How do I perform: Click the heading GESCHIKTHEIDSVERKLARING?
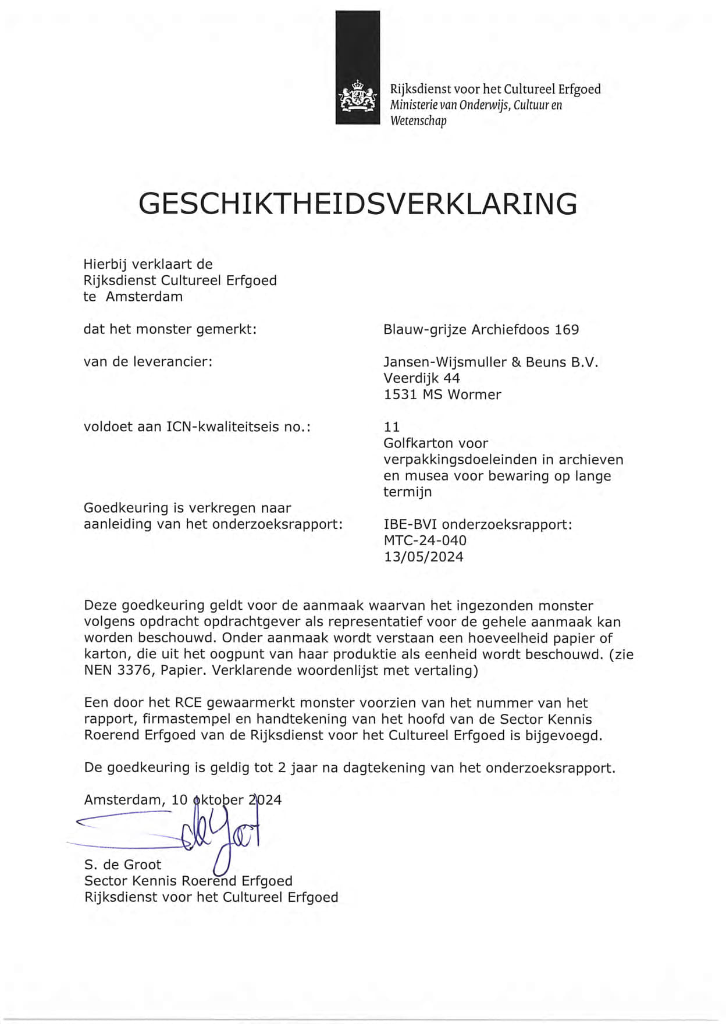(358, 204)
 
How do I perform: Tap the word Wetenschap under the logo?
(418, 121)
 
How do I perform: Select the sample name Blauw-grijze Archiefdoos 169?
(481, 329)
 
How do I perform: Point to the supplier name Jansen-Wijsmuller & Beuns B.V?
(490, 362)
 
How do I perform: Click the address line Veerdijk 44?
(421, 378)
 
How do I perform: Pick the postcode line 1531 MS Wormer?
(442, 394)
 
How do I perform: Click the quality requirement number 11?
(392, 427)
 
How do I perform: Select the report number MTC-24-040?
(425, 541)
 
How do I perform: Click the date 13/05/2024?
(424, 557)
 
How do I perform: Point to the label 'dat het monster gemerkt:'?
(170, 329)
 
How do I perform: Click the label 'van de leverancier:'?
(148, 362)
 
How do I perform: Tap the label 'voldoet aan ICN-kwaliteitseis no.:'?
(197, 427)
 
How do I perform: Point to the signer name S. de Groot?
(123, 865)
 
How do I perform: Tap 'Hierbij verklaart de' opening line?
(148, 264)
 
